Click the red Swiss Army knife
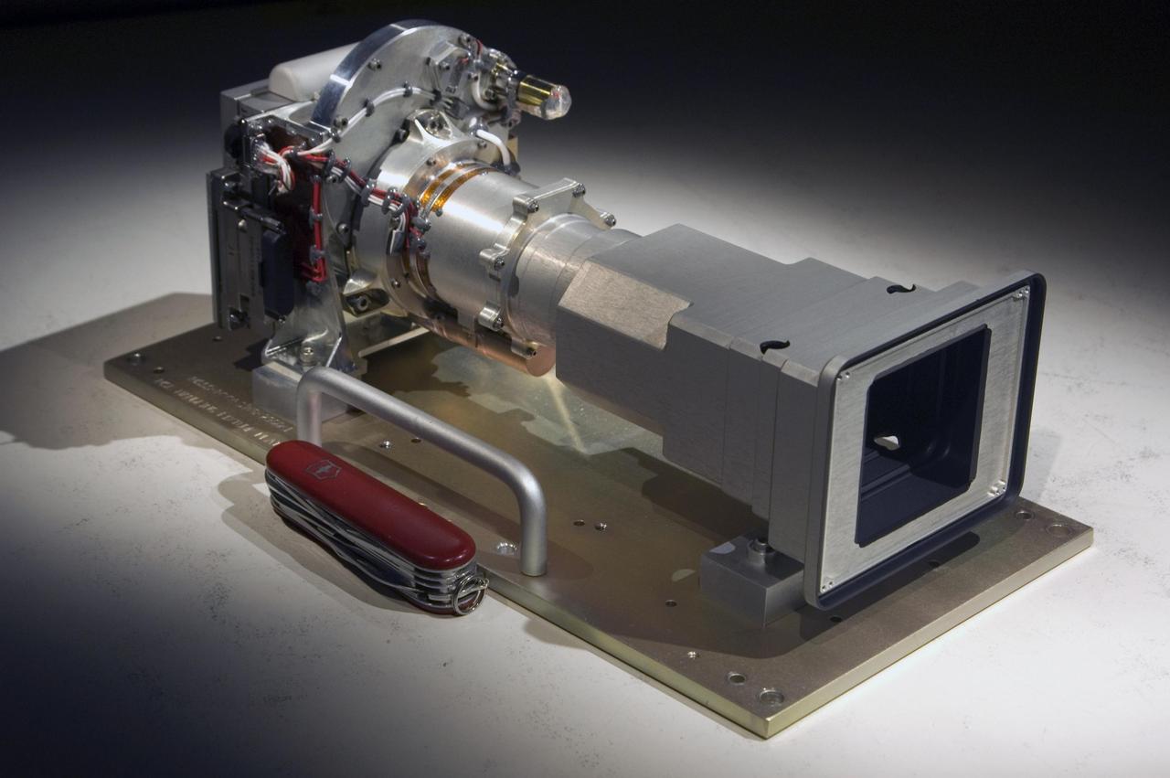click(370, 512)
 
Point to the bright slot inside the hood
click(888, 442)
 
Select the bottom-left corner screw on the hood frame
click(828, 586)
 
